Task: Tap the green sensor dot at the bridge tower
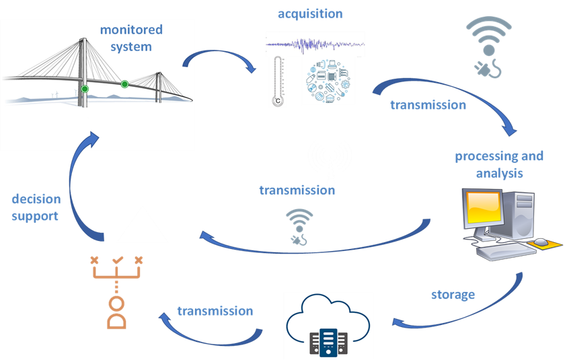85,89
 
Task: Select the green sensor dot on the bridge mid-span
124,84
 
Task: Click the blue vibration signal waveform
315,45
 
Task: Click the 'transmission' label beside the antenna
297,190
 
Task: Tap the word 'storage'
453,295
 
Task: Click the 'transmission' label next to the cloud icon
215,311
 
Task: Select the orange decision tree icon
117,292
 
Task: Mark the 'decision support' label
36,208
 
